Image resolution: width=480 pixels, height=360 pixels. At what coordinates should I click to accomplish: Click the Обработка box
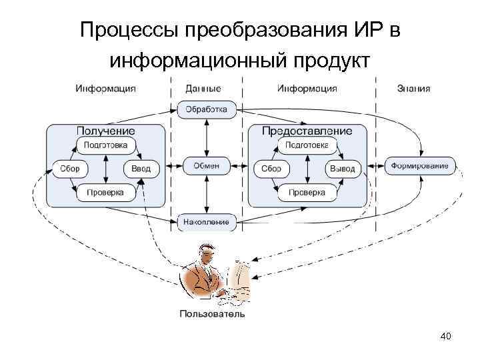pos(207,109)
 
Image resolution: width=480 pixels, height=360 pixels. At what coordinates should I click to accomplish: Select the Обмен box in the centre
pos(207,165)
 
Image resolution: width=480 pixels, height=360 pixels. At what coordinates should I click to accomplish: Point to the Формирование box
pos(421,165)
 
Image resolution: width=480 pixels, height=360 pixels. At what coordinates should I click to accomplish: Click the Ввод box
pos(141,169)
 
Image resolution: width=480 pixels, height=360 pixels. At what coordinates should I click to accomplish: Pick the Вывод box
pos(343,169)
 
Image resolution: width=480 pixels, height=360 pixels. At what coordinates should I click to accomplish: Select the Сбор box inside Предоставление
pos(271,169)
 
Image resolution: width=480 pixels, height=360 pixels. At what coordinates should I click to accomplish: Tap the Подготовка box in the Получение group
pos(106,145)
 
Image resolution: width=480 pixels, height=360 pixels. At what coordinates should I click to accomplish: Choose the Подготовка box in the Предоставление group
pos(307,145)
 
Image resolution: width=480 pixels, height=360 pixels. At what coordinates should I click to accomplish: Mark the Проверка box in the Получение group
pos(106,193)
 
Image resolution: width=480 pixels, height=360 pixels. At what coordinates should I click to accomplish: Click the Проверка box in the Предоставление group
pos(307,193)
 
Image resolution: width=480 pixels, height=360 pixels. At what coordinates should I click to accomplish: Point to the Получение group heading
pos(106,131)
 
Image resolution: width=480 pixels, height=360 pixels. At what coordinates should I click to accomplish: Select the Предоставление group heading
pos(307,131)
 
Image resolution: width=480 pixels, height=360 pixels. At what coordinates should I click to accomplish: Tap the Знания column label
pos(413,88)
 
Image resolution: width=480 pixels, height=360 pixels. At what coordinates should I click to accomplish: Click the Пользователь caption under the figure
pos(213,313)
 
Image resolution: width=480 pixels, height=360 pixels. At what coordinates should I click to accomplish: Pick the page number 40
pos(446,336)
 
